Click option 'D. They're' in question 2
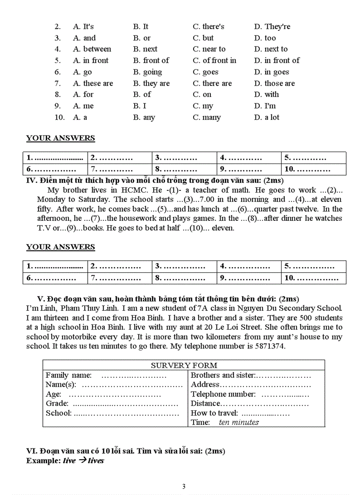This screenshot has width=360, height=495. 272,26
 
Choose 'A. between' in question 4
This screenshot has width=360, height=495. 92,49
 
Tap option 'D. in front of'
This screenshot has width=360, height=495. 277,60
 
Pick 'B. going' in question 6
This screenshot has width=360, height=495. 147,72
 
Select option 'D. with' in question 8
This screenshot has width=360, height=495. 266,94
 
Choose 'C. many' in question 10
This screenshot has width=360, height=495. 206,117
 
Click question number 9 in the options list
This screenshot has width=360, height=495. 58,106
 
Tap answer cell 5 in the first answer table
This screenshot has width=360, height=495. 313,158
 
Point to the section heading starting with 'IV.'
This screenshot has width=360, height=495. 154,180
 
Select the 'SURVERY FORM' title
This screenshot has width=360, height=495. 184,365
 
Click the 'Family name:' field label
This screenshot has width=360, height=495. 68,375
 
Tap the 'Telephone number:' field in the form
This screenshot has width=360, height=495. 223,394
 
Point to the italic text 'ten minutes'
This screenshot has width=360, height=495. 239,422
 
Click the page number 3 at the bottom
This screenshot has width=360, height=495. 184,487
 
